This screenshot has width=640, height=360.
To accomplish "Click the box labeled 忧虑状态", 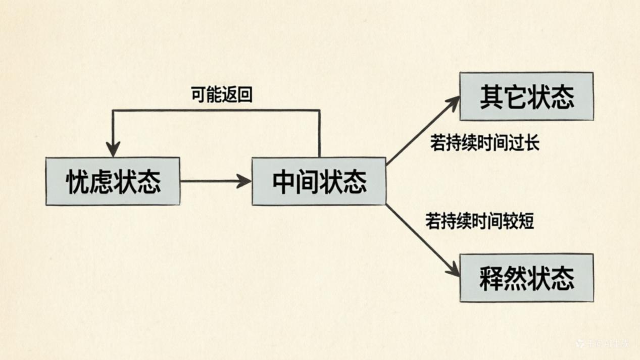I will tap(113, 181).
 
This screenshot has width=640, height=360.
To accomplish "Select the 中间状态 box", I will tap(319, 181).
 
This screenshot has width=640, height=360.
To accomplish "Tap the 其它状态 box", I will tap(526, 96).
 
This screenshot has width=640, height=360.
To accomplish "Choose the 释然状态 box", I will tap(526, 278).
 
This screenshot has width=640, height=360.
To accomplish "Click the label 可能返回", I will tap(221, 95).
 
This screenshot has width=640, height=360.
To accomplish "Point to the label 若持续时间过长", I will tap(484, 143).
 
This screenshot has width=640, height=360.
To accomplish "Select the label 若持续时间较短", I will tap(479, 221).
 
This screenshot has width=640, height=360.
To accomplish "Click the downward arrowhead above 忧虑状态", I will tap(113, 150).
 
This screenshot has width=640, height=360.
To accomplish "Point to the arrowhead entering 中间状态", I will tap(245, 181).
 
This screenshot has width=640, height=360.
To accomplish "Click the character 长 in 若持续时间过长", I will tap(532, 143).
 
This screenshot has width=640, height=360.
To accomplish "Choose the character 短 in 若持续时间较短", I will tap(527, 221).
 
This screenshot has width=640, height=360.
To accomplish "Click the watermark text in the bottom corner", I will tap(604, 344).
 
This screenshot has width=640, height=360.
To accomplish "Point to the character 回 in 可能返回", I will tap(245, 95).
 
